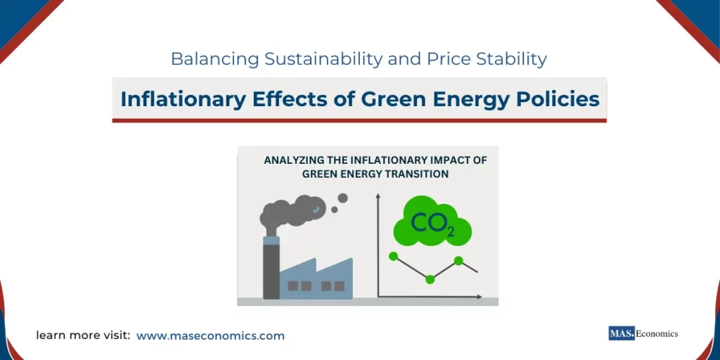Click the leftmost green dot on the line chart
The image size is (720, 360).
point(393,256)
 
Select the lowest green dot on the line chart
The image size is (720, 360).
point(430,279)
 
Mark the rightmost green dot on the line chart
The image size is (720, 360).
point(458,261)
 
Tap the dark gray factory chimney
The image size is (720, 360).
point(271,271)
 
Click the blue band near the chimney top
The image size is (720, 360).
point(271,240)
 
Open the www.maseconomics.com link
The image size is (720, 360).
point(210,336)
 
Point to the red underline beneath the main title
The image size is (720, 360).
point(359,120)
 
